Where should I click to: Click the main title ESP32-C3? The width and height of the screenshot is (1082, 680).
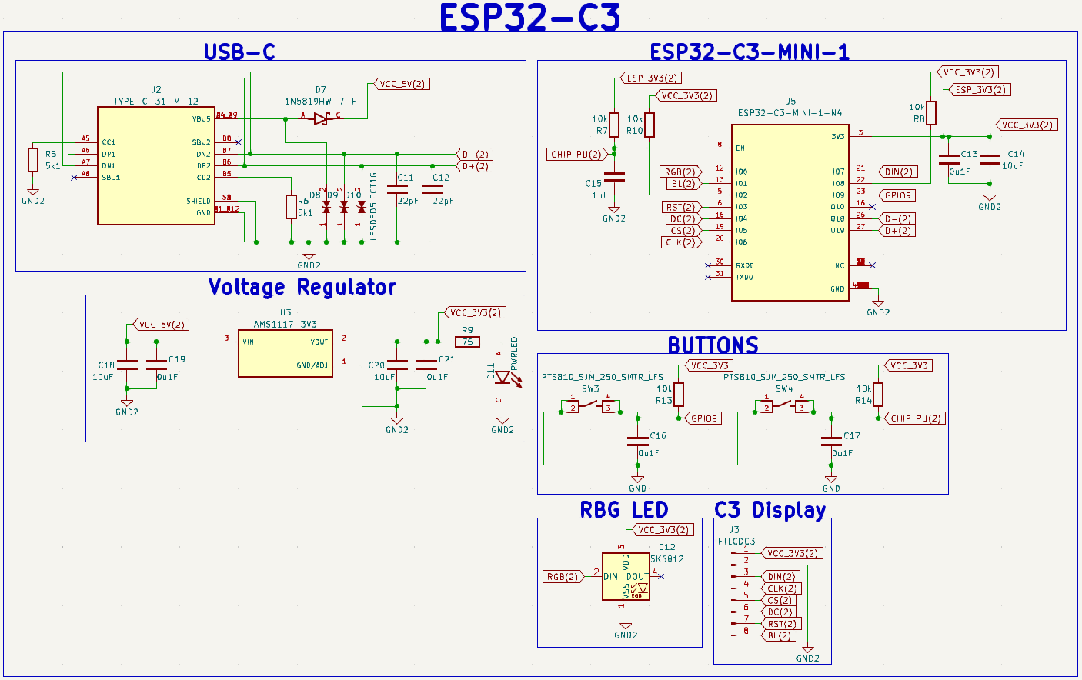(529, 18)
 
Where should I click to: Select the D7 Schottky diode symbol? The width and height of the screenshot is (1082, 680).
(322, 118)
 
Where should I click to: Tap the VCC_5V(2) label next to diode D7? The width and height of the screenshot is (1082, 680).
(402, 84)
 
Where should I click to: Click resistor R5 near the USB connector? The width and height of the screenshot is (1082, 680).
(33, 160)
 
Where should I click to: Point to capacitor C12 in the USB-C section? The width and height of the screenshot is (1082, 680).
(432, 189)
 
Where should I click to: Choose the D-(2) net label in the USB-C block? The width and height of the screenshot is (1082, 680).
(475, 155)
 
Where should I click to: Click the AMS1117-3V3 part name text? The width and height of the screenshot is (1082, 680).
(285, 324)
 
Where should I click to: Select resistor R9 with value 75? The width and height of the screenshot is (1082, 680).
(467, 342)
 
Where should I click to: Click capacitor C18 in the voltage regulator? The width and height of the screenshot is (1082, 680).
(127, 365)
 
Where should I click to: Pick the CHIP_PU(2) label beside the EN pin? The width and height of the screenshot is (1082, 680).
(576, 154)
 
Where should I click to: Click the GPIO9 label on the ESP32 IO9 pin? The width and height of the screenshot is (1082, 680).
(897, 195)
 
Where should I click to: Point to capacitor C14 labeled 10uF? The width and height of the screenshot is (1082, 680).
(990, 160)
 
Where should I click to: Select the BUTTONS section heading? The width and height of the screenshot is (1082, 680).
(713, 345)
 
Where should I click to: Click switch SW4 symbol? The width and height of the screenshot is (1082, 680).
(784, 405)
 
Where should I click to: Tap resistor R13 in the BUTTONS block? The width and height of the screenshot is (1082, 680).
(679, 395)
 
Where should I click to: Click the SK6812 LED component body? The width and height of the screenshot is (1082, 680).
(626, 577)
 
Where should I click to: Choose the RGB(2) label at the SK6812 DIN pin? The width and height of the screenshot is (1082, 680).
(563, 577)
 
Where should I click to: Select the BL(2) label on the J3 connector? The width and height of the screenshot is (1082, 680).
(779, 635)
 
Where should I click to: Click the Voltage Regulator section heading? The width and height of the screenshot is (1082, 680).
(302, 287)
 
